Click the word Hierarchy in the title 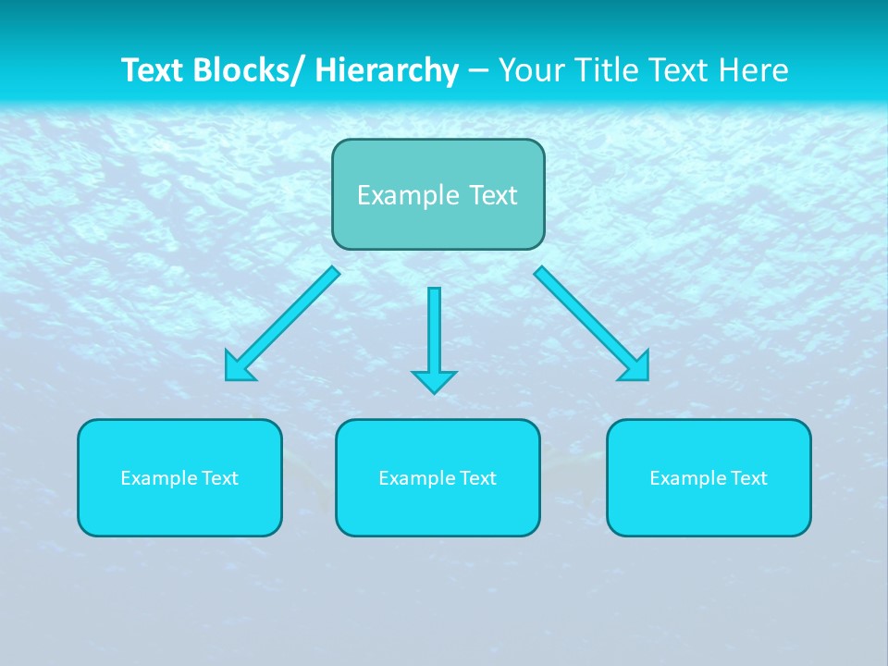click(x=387, y=70)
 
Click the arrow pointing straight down click(x=434, y=333)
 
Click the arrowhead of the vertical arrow click(x=434, y=381)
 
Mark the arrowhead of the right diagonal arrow click(x=635, y=367)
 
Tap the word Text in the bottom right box click(x=748, y=478)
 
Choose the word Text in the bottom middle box click(x=477, y=478)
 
